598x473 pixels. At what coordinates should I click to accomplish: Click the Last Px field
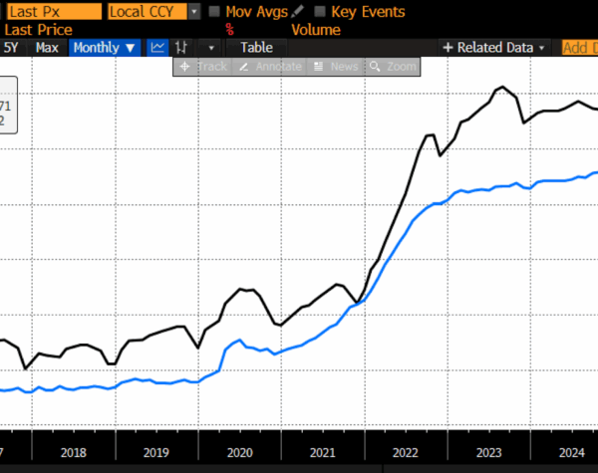point(50,12)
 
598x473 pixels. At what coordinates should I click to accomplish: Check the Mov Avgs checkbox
point(216,12)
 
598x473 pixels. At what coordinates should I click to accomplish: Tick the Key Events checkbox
point(319,12)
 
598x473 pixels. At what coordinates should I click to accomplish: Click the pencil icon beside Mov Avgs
point(297,12)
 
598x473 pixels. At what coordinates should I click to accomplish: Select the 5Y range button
point(12,48)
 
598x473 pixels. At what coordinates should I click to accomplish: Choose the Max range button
point(47,48)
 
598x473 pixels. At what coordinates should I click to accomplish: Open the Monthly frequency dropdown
point(105,48)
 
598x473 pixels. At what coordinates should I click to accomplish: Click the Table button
point(256,48)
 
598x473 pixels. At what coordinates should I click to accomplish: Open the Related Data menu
point(494,48)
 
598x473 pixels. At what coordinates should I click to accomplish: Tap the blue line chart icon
point(157,48)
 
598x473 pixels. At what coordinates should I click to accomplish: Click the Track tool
point(203,67)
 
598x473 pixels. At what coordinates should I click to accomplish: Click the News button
point(336,67)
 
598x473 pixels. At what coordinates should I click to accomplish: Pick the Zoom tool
point(393,67)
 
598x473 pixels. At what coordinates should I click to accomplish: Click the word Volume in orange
point(316,30)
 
